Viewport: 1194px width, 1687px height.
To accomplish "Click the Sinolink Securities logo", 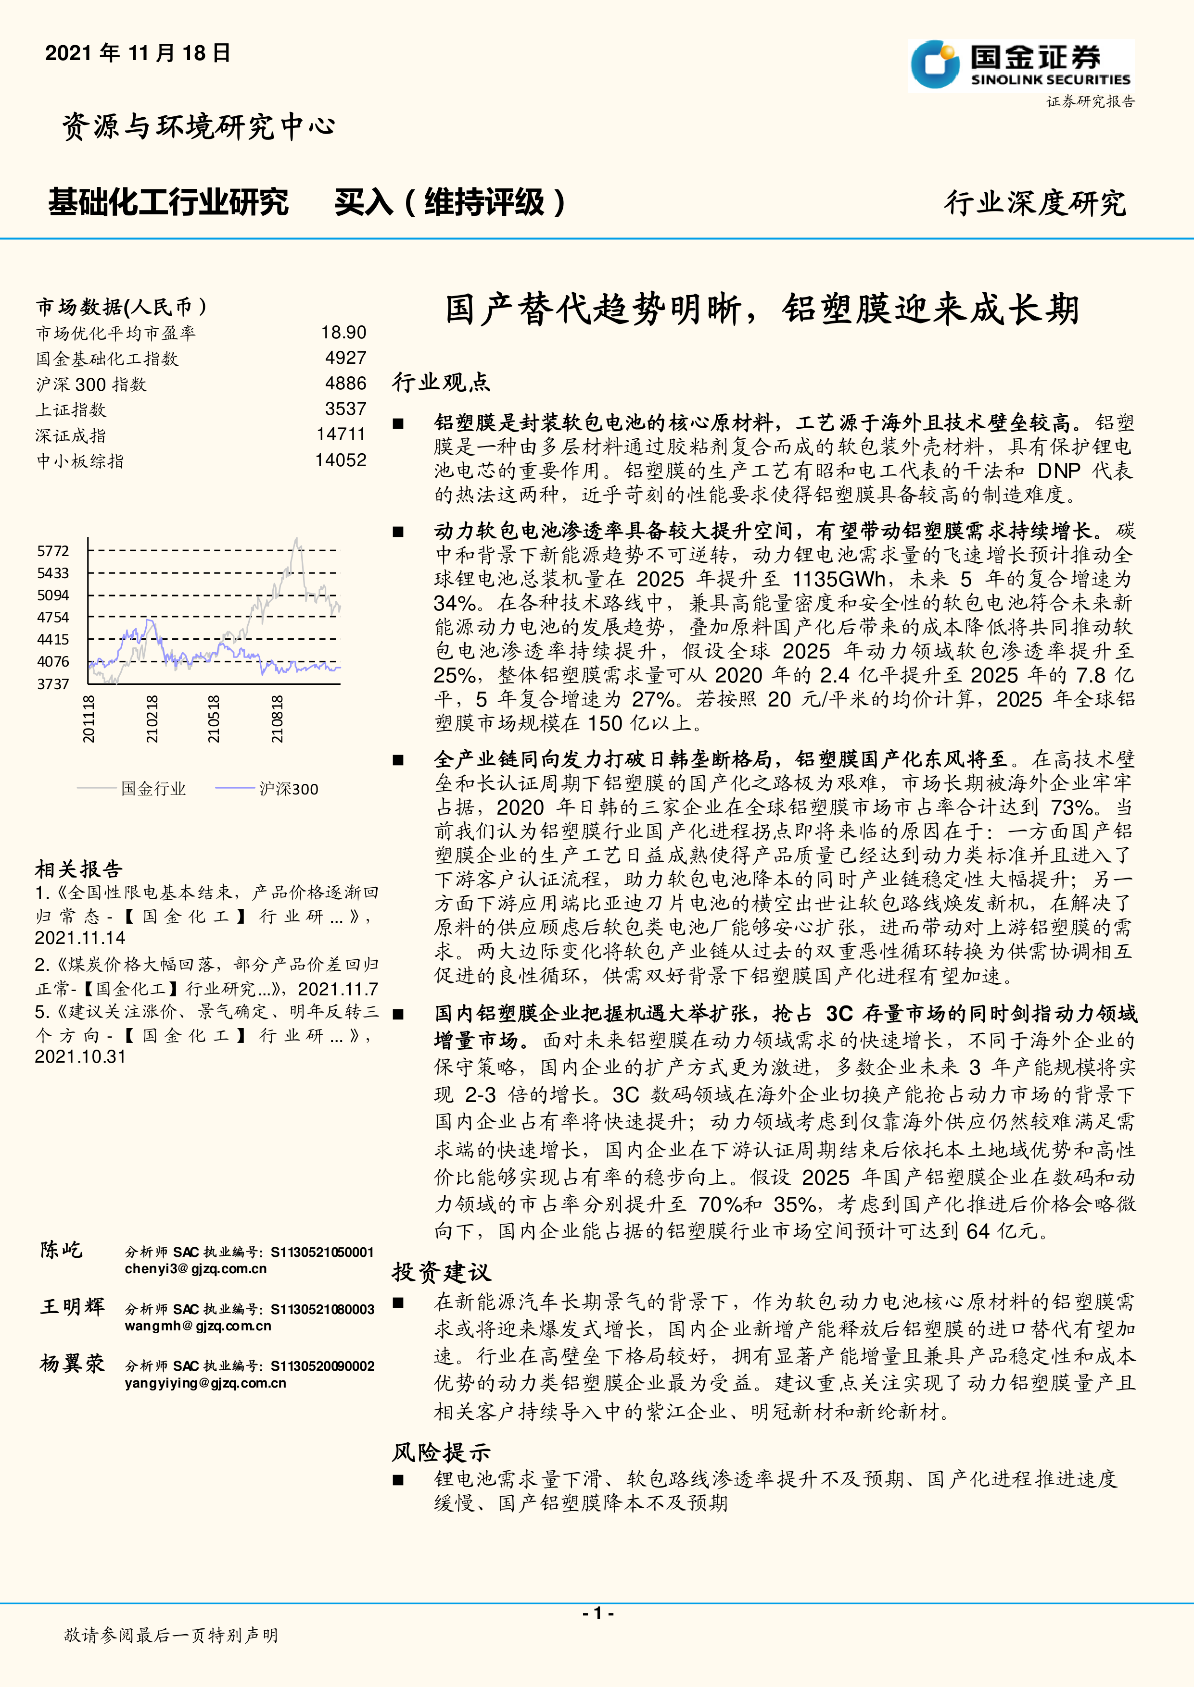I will click(1020, 65).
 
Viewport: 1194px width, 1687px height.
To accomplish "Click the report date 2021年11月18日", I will click(138, 53).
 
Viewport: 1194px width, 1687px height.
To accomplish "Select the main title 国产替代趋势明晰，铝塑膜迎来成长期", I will click(762, 310).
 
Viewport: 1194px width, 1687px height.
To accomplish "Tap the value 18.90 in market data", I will click(343, 333).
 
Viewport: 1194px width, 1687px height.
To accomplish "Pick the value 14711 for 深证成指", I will click(341, 434).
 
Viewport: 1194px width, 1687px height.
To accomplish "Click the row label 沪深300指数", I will click(92, 385).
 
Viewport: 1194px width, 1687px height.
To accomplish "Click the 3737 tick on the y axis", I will click(53, 684).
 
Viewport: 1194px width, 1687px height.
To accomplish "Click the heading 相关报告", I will click(79, 869).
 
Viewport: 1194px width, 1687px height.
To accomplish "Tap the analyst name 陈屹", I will click(62, 1250).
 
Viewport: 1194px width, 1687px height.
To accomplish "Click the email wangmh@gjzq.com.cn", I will click(198, 1326).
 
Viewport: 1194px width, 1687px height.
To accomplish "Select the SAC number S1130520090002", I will click(323, 1366).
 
